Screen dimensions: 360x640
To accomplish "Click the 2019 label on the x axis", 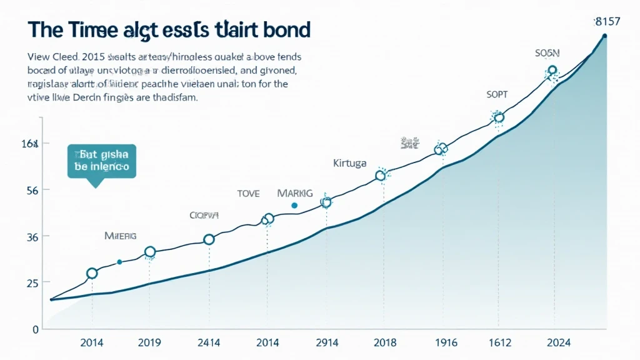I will tap(149, 342).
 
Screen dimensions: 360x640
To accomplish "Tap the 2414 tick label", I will tap(209, 342).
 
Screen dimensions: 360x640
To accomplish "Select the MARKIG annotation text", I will tap(294, 193).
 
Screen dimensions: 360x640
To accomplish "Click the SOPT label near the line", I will tap(497, 94).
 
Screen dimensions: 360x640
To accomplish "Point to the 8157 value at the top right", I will tap(607, 22).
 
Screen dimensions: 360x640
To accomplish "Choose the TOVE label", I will tap(247, 194).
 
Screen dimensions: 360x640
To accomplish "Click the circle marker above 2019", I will tap(150, 252).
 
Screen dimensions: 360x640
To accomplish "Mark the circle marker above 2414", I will tap(209, 239).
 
